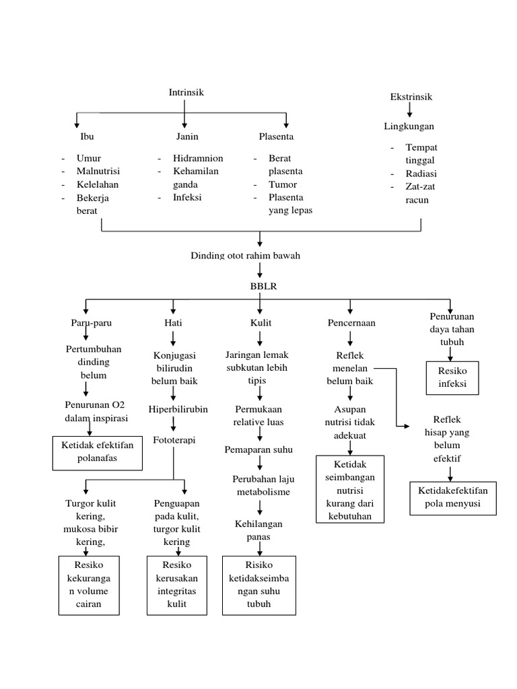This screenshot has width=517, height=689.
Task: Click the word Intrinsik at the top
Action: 186,92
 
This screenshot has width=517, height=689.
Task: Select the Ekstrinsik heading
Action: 411,97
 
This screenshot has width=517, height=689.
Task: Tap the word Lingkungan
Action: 409,126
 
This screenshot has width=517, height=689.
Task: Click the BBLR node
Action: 259,286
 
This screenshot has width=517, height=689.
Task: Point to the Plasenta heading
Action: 276,137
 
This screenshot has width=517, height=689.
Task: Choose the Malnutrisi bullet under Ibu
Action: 98,171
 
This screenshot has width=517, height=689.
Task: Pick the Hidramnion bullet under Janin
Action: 197,158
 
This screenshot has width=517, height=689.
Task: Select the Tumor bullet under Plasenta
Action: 283,184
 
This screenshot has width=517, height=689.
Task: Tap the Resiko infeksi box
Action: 452,378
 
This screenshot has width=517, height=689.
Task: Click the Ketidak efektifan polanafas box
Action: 98,452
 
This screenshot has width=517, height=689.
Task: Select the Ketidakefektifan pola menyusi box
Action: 452,498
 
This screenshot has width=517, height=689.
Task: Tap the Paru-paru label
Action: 92,323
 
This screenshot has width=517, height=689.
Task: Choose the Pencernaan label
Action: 351,323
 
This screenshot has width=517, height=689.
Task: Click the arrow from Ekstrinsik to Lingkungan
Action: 410,111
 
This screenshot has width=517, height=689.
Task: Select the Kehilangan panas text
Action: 258,530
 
